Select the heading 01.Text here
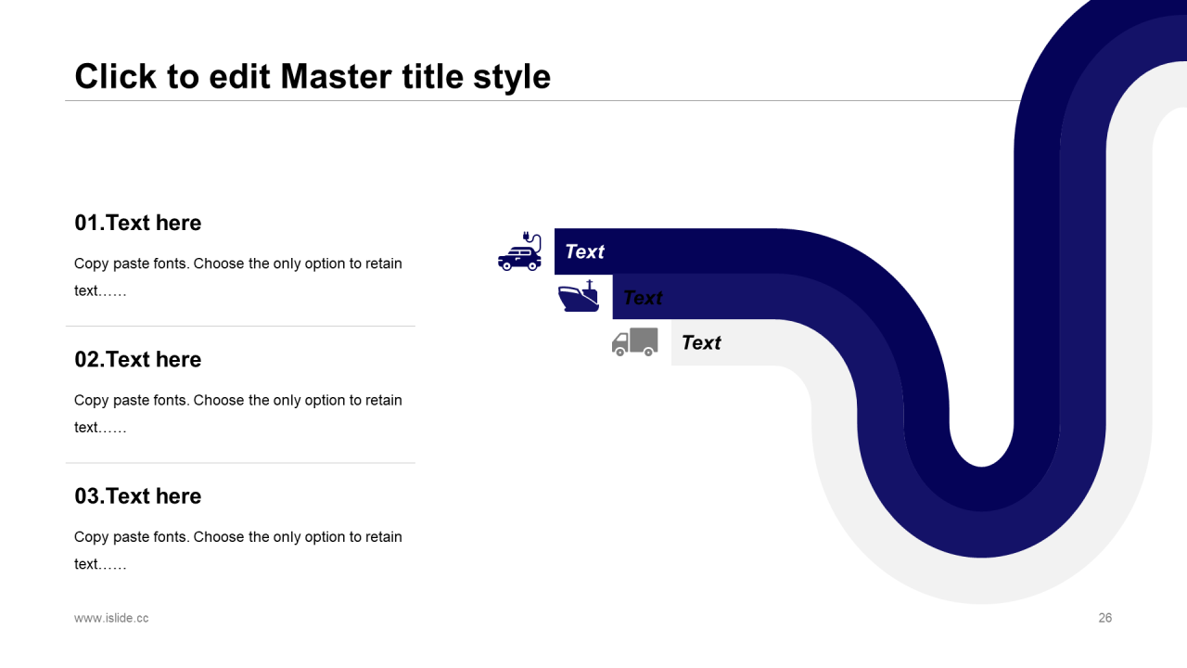[138, 223]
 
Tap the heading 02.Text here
[138, 359]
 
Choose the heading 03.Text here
[138, 495]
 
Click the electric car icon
[519, 253]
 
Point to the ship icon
[579, 297]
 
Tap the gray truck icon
[635, 341]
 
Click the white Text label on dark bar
[584, 251]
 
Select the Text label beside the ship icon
[643, 297]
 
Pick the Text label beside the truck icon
[701, 342]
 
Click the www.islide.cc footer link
[111, 618]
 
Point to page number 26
[1104, 618]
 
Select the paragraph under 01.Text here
[238, 276]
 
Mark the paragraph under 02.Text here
[238, 413]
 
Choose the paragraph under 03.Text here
[238, 549]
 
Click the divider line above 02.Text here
[240, 327]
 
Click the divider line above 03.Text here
[240, 463]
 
